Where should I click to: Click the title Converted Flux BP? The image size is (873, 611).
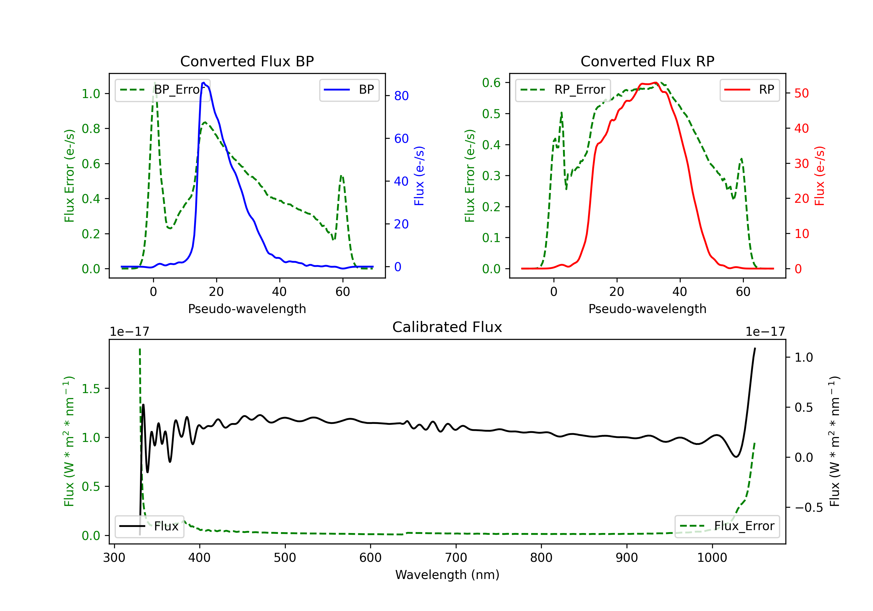click(247, 61)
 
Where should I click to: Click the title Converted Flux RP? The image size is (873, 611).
click(647, 61)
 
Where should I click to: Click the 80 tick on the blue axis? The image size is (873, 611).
click(401, 96)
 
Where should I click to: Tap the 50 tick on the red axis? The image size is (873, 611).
click(801, 93)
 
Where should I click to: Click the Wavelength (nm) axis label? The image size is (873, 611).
click(447, 575)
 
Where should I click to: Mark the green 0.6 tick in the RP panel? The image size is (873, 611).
click(491, 83)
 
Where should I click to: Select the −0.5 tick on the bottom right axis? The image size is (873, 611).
click(808, 508)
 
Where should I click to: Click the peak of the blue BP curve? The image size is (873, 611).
click(204, 83)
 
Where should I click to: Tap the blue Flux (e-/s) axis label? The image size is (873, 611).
click(419, 176)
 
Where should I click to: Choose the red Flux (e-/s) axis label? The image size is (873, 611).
click(819, 176)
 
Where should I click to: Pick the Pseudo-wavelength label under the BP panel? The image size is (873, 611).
click(247, 309)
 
